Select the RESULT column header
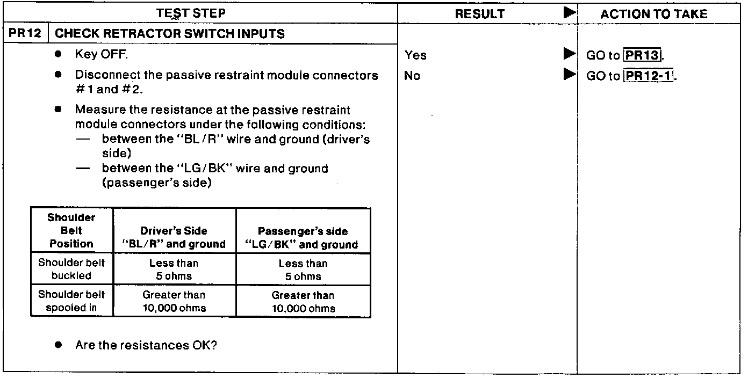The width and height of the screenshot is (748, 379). [x=479, y=14]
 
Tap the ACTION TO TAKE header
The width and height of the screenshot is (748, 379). [x=653, y=14]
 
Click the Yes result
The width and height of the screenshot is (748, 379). [x=415, y=55]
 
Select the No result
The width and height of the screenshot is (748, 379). [x=412, y=76]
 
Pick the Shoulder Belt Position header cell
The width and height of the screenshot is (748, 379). [x=71, y=231]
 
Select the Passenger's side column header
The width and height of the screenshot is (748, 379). [x=303, y=238]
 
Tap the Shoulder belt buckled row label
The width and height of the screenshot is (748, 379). [x=71, y=269]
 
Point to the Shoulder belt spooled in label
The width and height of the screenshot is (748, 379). [x=71, y=301]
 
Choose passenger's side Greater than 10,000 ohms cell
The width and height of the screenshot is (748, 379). [x=303, y=301]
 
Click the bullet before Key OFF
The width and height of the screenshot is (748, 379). [x=57, y=55]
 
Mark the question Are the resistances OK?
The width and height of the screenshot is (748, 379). [x=146, y=345]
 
